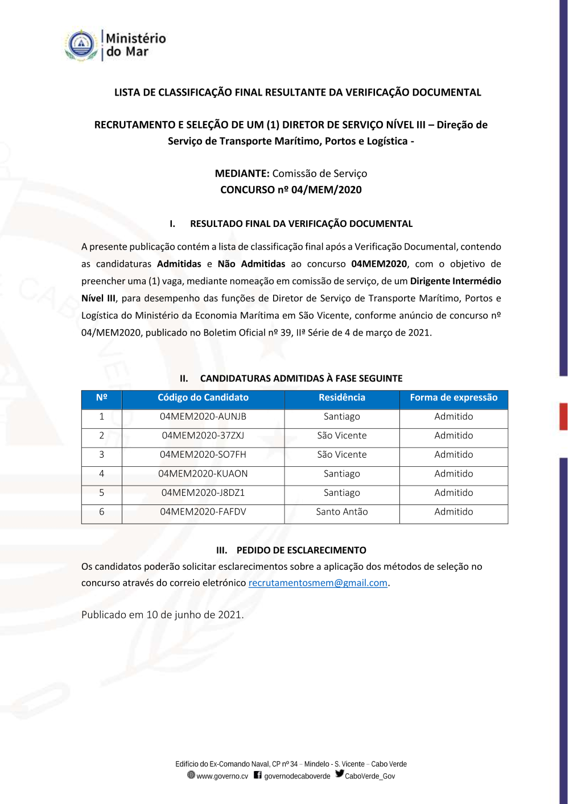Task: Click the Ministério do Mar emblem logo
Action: pyautogui.click(x=81, y=45)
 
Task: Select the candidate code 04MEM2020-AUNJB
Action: pyautogui.click(x=203, y=417)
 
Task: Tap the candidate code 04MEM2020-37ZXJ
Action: pyautogui.click(x=203, y=436)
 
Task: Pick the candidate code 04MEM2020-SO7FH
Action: pyautogui.click(x=203, y=455)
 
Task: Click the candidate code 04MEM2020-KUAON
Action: pyautogui.click(x=203, y=474)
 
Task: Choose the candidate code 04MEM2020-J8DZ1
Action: pyautogui.click(x=203, y=493)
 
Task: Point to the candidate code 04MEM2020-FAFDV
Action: pyautogui.click(x=203, y=512)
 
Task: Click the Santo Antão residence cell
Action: pyautogui.click(x=342, y=512)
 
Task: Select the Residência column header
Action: pyautogui.click(x=342, y=398)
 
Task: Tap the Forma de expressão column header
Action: pyautogui.click(x=453, y=398)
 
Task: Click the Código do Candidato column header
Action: pyautogui.click(x=203, y=398)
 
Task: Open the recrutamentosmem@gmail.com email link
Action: pyautogui.click(x=318, y=583)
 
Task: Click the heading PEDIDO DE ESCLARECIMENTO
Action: pyautogui.click(x=301, y=550)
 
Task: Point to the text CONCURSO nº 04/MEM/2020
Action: pyautogui.click(x=291, y=190)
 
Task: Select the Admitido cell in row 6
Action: pyautogui.click(x=453, y=512)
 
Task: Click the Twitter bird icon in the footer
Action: pyautogui.click(x=340, y=774)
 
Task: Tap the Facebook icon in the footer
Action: pyautogui.click(x=258, y=775)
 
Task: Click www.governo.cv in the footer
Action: pyautogui.click(x=222, y=776)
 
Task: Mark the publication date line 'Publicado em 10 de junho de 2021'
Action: pyautogui.click(x=162, y=615)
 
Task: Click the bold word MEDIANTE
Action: pyautogui.click(x=242, y=173)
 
